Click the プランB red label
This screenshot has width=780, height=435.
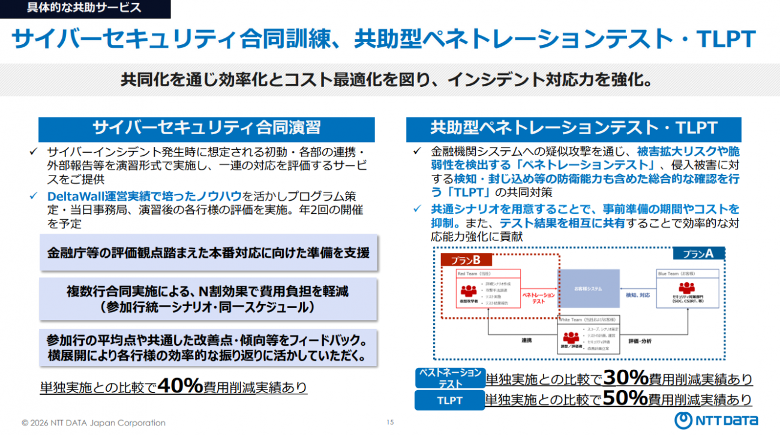[x=466, y=260]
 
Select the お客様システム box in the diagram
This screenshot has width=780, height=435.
[x=589, y=289]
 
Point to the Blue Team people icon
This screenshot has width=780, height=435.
[x=688, y=288]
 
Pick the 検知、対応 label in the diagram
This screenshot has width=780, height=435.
[x=638, y=295]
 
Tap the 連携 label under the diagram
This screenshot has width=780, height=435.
[x=526, y=340]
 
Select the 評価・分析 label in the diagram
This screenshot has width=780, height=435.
[x=641, y=340]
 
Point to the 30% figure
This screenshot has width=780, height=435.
[x=625, y=377]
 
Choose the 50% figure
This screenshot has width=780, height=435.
[x=625, y=398]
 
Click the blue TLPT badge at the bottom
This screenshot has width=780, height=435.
[x=449, y=400]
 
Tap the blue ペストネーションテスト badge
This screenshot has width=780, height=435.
[x=449, y=378]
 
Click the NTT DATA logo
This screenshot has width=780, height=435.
[x=716, y=420]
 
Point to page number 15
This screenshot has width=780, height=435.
[x=390, y=422]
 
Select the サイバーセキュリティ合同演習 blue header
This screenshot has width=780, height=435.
[x=206, y=128]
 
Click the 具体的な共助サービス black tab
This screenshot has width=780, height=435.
[x=85, y=8]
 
